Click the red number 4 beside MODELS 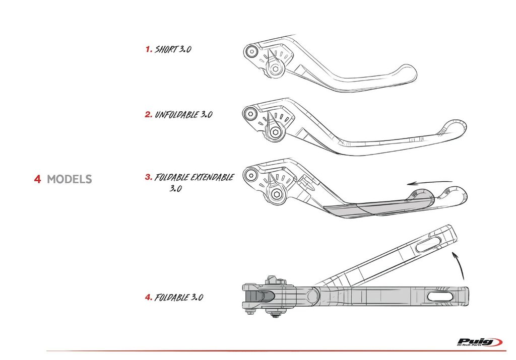click(x=37, y=179)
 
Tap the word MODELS click(x=69, y=179)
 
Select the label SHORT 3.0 click(x=173, y=49)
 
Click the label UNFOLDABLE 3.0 click(x=183, y=114)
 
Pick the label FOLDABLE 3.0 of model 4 click(x=178, y=297)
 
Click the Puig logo click(x=479, y=342)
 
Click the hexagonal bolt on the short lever click(x=275, y=69)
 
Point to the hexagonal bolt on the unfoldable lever click(x=275, y=132)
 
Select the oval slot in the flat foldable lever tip click(x=441, y=296)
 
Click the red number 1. click(x=149, y=49)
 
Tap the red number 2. click(x=149, y=114)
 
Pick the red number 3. click(x=149, y=177)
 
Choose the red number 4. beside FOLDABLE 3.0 click(x=149, y=297)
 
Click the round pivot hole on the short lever click(x=251, y=51)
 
